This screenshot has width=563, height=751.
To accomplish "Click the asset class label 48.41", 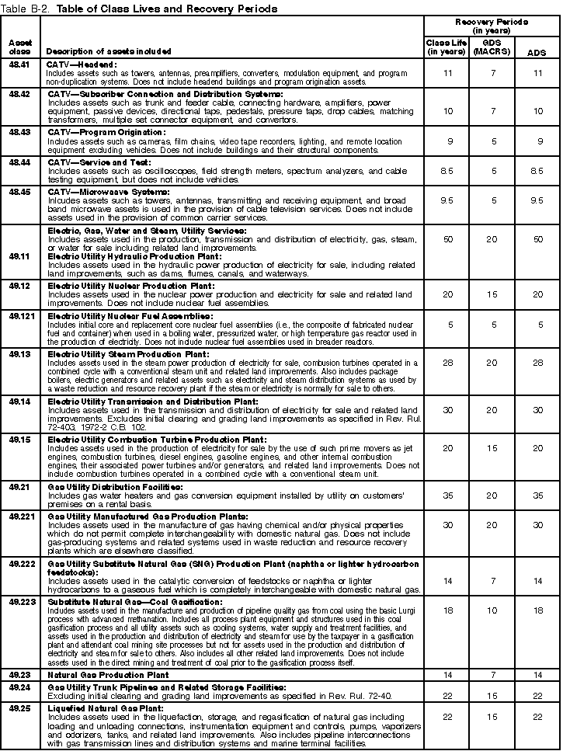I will tap(19, 64).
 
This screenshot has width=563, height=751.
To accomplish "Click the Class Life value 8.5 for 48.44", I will tap(446, 171).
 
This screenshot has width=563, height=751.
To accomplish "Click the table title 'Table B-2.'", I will tap(23, 9).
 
